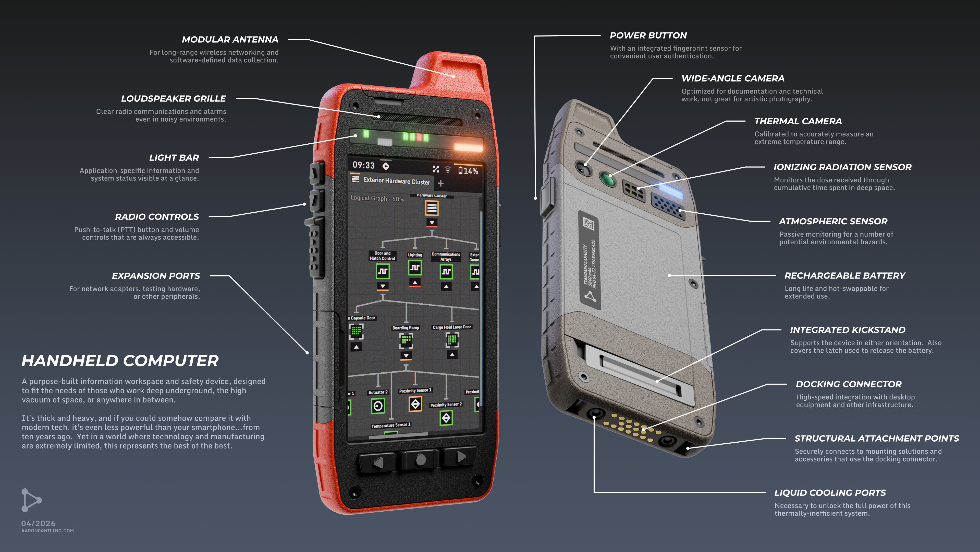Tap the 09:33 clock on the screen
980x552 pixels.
363,165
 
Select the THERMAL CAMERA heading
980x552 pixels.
798,121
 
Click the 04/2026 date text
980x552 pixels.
38,523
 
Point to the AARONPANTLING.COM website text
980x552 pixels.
47,531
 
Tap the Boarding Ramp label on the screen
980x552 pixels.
406,328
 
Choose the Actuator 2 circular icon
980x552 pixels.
378,406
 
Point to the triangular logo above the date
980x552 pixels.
30,500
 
